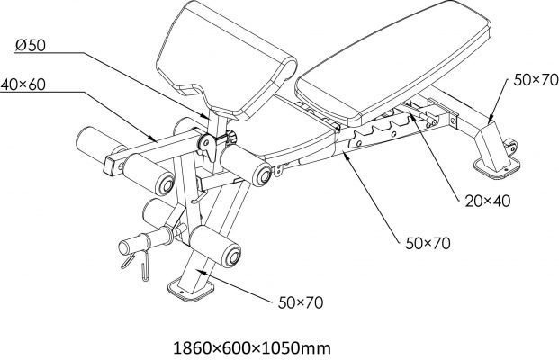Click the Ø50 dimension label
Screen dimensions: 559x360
[31, 45]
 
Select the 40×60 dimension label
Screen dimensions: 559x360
[23, 85]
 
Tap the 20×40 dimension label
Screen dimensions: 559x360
[488, 202]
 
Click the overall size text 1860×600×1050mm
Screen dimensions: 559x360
[252, 348]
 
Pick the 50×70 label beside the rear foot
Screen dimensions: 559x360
[536, 80]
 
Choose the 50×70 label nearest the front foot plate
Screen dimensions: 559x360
[301, 302]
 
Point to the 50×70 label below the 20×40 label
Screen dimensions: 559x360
[428, 243]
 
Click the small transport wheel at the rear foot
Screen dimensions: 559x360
[510, 147]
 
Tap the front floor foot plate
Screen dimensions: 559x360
[191, 290]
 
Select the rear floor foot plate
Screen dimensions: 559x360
[497, 167]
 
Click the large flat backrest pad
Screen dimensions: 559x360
[392, 62]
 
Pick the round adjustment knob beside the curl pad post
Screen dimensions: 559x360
[232, 137]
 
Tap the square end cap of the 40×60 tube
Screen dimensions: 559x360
[111, 166]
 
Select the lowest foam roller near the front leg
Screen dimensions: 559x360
[215, 247]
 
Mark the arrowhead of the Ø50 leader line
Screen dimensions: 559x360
[206, 116]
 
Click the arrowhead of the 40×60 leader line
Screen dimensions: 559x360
[153, 139]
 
